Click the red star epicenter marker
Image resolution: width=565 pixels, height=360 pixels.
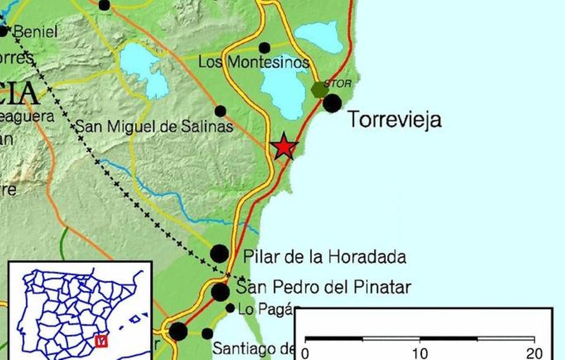point(284,147)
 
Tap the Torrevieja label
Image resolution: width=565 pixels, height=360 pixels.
point(395,120)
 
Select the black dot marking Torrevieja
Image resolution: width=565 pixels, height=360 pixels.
point(332,103)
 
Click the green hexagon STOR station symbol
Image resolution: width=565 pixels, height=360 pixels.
point(320,89)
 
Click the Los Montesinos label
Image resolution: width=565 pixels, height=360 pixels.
point(254,62)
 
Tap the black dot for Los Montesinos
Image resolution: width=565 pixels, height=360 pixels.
point(265,48)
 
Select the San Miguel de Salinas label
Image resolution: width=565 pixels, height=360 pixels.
point(155,126)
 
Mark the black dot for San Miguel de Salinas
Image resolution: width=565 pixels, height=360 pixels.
point(220,111)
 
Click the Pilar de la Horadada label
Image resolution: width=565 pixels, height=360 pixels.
point(324,257)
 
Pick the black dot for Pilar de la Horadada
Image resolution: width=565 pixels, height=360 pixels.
point(219,254)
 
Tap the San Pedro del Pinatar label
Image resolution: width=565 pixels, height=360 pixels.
point(323,286)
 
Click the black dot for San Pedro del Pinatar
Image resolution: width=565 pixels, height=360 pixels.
point(220,292)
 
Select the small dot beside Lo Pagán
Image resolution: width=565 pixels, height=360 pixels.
point(230,308)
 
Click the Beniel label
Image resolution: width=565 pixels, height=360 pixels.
point(35,32)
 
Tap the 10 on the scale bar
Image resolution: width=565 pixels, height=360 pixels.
point(420,353)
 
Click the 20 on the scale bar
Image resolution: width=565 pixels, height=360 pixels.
point(534,353)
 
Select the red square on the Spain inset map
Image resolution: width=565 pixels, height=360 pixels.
point(101,340)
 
